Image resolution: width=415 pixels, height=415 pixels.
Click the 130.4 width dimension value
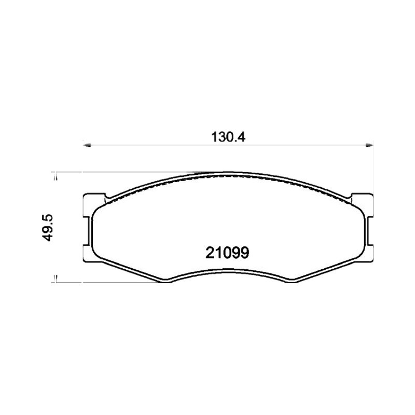[228, 137]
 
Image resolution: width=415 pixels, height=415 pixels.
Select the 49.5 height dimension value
[48, 228]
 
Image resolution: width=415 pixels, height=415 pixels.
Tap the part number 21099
[227, 253]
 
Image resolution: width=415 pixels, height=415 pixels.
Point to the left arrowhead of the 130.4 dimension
[87, 145]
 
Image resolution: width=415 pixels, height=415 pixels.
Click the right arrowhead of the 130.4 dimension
[369, 145]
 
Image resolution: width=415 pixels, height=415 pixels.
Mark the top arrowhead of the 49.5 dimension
[56, 176]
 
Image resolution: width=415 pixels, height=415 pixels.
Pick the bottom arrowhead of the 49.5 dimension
[56, 279]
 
